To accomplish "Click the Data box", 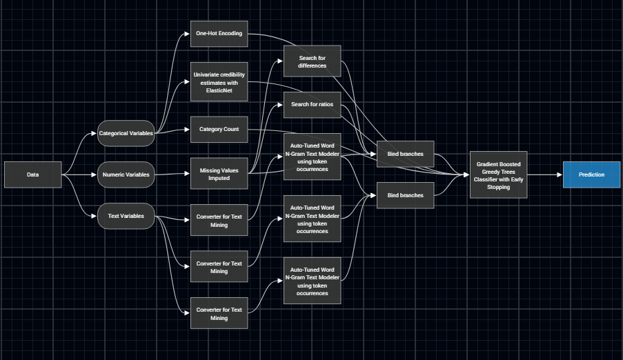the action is tap(33, 174).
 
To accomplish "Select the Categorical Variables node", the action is tap(126, 134).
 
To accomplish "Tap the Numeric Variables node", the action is tap(126, 174).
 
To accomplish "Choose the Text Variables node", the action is tap(126, 216).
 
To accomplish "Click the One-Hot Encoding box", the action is tap(219, 34).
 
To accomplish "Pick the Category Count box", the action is tap(219, 129).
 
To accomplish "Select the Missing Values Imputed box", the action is tap(219, 174).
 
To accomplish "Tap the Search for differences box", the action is tap(313, 61).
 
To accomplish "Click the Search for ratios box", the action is tap(313, 105).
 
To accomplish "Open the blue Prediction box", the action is tap(592, 174).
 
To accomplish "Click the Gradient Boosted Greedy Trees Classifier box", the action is tap(499, 174).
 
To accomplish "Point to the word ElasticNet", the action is tap(219, 90).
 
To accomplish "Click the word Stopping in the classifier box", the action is tap(499, 187).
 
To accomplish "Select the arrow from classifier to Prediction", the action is tap(545, 174).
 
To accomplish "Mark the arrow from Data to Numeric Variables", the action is tap(79, 174).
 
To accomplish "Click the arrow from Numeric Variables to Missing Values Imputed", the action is tap(172, 174).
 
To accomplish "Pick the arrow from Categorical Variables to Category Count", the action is tap(172, 131).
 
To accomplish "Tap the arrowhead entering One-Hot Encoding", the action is tap(187, 34).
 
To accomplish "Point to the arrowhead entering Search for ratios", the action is tap(281, 105).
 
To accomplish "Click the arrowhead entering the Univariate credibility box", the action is tap(187, 82).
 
